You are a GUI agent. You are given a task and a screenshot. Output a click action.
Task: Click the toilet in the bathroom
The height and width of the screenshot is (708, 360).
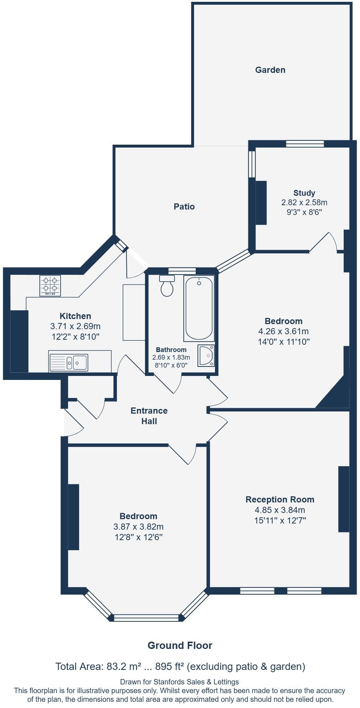167,286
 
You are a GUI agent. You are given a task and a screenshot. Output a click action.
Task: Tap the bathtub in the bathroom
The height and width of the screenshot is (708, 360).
199,309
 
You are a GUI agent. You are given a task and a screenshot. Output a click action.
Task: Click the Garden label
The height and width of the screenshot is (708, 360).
270,70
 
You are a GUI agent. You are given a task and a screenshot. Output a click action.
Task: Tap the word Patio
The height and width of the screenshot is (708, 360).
184,207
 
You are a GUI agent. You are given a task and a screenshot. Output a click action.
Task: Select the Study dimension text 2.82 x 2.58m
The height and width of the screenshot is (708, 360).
304,202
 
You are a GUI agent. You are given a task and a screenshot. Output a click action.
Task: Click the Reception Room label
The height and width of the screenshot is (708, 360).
280,500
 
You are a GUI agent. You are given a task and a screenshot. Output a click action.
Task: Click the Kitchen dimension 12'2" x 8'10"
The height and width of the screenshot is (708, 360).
75,336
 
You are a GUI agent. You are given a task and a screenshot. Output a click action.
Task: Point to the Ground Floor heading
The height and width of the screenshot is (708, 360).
180,645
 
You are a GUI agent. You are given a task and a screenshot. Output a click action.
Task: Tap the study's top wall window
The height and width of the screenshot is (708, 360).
305,144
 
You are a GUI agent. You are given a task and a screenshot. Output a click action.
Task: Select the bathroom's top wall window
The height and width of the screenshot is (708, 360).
182,270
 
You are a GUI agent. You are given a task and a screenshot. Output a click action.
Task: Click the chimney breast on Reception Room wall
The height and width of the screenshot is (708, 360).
344,499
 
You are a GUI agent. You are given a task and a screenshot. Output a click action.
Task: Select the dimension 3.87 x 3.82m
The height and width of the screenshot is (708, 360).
138,527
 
